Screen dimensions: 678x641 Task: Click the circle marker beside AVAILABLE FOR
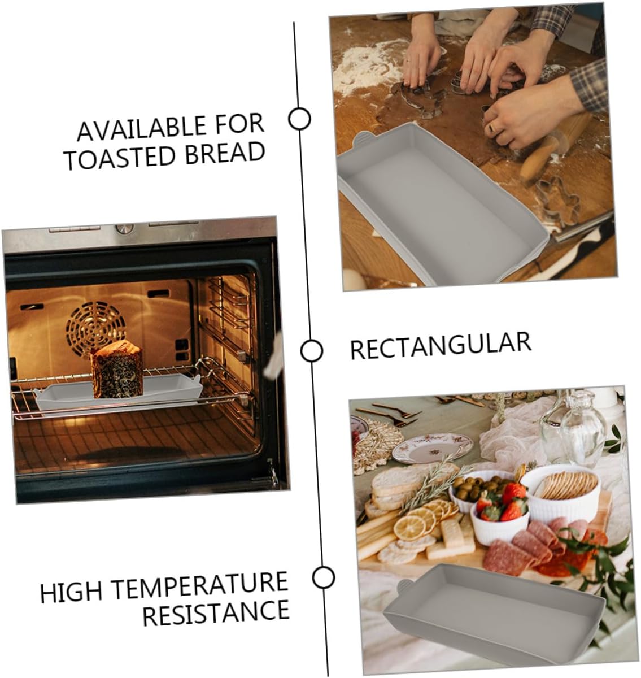[x=299, y=119]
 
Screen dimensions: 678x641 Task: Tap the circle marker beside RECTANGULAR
[x=311, y=351]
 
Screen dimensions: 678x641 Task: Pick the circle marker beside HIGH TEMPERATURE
[x=324, y=577]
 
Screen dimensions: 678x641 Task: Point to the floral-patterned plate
[x=432, y=447]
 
